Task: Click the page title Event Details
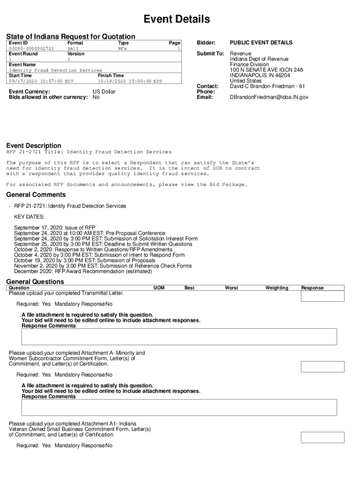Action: point(176,19)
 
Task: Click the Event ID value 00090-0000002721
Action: point(31,48)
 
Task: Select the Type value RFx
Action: point(122,48)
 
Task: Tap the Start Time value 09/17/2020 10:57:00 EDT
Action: point(41,81)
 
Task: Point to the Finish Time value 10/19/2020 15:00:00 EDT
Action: point(130,81)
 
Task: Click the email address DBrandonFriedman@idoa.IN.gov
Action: point(269,97)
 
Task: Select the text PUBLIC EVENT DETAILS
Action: point(261,43)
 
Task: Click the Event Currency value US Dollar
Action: point(104,92)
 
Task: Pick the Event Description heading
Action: point(33,145)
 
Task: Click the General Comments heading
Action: point(36,195)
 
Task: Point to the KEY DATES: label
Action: point(29,217)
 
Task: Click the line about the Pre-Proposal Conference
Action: point(89,233)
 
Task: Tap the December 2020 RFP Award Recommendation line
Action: point(83,271)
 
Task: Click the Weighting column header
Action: point(277,288)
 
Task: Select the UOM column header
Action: point(159,288)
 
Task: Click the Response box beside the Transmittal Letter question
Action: point(322,296)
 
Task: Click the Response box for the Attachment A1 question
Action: point(322,437)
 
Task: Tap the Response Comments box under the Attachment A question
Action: point(179,407)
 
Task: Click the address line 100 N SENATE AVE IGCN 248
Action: point(266,70)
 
